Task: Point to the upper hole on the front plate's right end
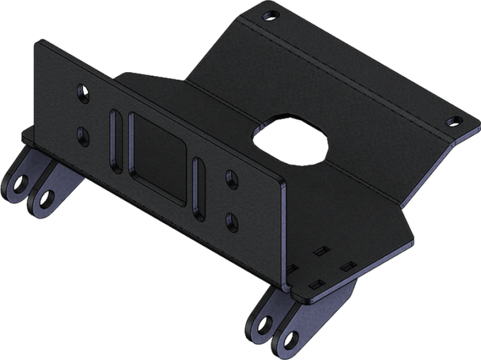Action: [x=230, y=179]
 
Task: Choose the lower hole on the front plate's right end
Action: [x=229, y=215]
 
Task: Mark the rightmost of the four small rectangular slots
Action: [x=345, y=271]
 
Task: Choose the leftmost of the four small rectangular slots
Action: [x=290, y=270]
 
